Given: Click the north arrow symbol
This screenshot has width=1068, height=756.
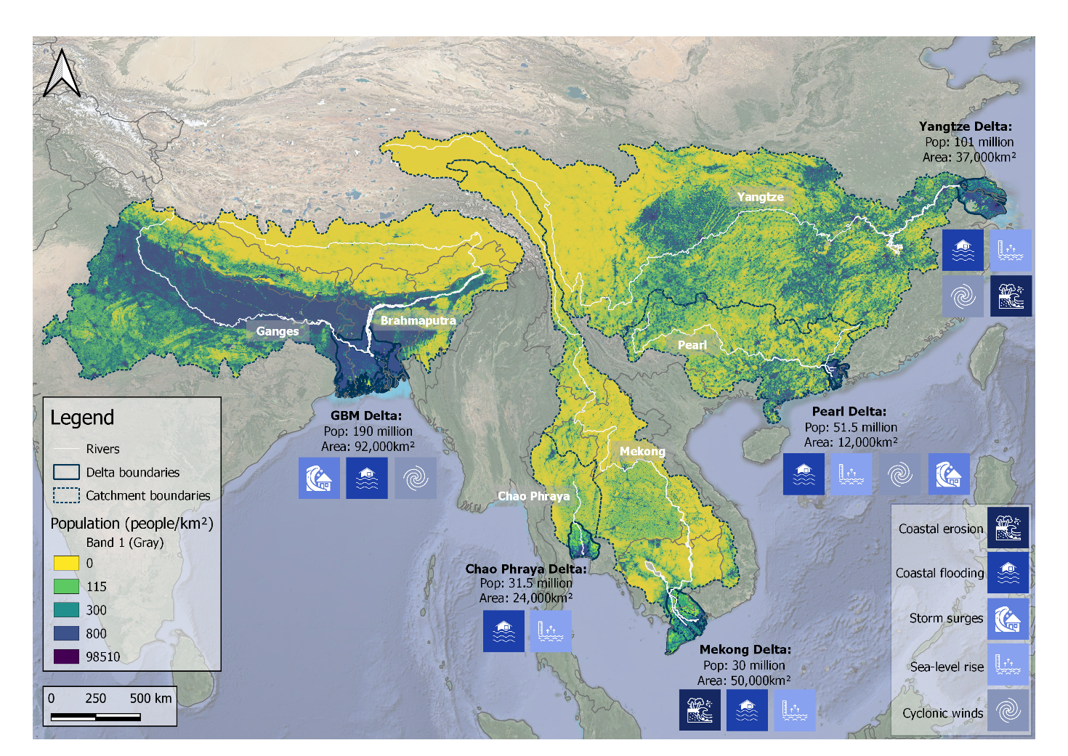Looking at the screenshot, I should point(62,73).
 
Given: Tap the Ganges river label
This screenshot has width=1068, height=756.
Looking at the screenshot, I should point(277,331).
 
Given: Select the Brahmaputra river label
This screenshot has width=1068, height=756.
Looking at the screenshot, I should point(418,320).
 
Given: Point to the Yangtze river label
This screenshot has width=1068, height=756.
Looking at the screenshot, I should point(760,197).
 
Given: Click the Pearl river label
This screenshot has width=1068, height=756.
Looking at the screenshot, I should point(692,345).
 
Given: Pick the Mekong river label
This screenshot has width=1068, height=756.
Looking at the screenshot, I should point(642,451).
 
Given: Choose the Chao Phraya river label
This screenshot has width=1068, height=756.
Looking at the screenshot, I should point(533,496).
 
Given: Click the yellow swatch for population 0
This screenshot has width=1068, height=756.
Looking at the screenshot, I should point(66,563).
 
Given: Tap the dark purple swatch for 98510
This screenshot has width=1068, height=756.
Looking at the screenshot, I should point(66,657).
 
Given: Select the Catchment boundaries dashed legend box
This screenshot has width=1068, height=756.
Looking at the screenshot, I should point(66,495).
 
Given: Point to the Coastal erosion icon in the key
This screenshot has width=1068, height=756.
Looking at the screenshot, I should point(1008,527).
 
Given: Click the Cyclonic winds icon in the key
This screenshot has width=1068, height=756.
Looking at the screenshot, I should point(1008,710).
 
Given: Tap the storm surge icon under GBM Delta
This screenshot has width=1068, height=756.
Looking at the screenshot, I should point(319,478).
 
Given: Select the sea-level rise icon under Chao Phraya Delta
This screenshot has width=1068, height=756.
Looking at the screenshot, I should point(550,631).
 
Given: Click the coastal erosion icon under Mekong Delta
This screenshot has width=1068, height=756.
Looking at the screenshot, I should point(700,710).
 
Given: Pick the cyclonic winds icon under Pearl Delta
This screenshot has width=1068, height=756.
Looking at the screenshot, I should point(900,474).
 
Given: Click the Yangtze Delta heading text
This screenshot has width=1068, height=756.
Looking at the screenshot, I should point(965,126).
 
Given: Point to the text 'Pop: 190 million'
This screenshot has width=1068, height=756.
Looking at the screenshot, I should point(368,431).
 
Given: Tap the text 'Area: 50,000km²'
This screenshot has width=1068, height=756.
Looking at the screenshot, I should point(743,680).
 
